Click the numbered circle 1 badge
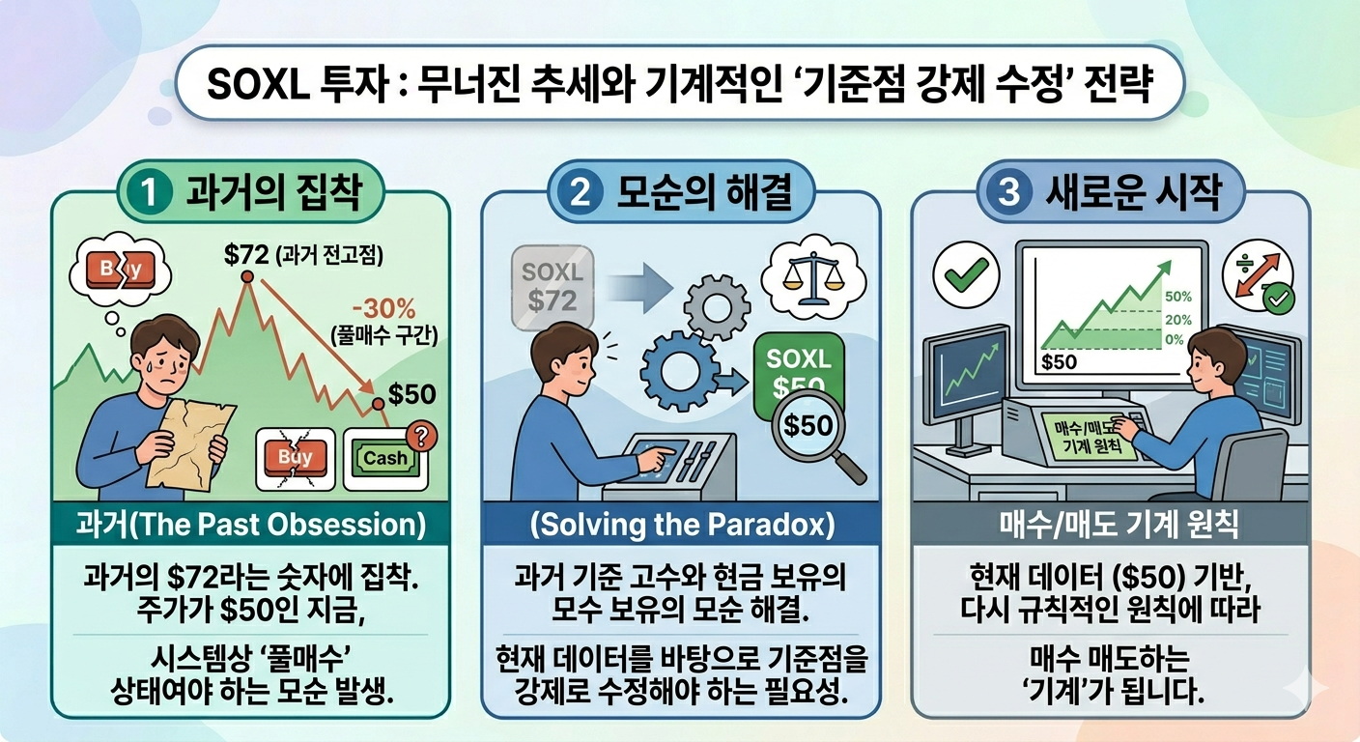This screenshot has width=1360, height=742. tap(147, 193)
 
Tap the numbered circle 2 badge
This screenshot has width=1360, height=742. tap(581, 193)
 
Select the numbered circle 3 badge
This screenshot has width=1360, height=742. tap(1008, 193)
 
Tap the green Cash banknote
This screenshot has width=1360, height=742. tap(384, 458)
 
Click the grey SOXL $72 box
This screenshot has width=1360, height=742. tap(553, 286)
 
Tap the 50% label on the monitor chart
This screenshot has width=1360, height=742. tap(1178, 298)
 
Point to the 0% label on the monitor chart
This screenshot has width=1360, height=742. tap(1175, 340)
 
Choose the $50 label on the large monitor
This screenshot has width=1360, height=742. tap(1060, 361)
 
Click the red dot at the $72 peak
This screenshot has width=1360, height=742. tap(247, 277)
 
